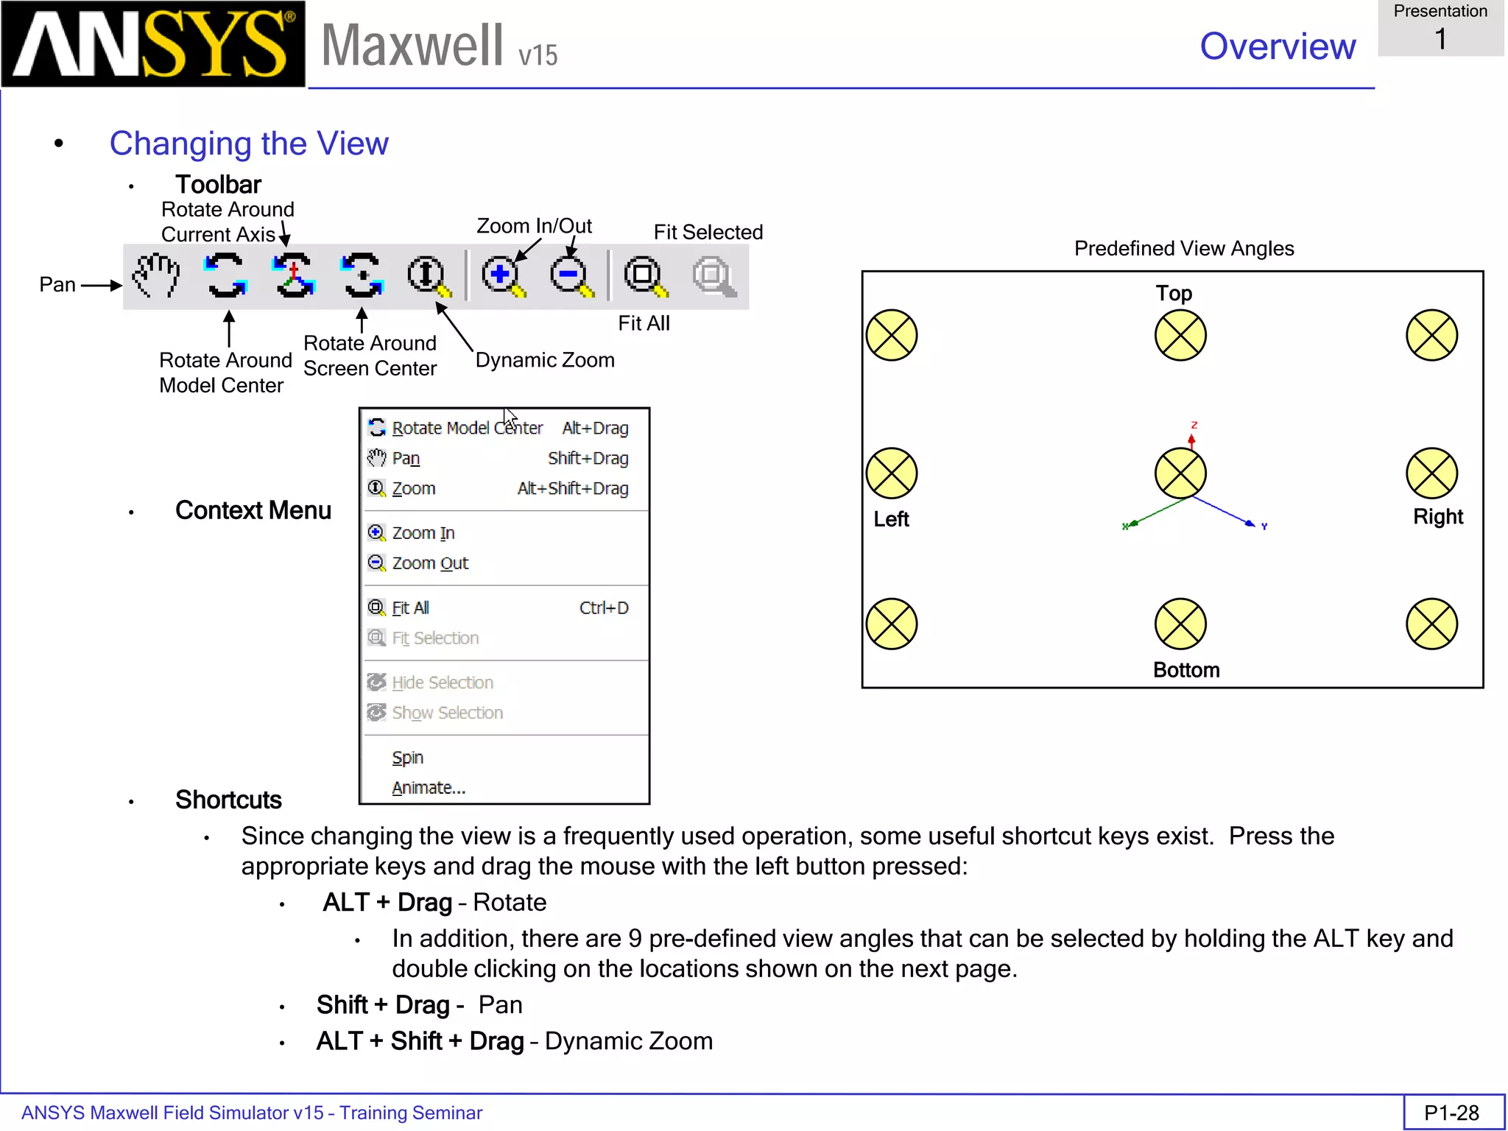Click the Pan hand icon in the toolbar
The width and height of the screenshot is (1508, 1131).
[156, 275]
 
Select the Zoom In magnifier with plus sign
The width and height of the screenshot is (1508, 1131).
[502, 276]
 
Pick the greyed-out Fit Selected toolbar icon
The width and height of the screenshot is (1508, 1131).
[712, 276]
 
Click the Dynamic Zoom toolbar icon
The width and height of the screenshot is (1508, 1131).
[428, 276]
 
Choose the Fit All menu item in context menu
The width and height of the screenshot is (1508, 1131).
[410, 608]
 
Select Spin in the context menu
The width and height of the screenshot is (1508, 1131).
[407, 758]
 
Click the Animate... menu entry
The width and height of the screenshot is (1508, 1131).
[428, 788]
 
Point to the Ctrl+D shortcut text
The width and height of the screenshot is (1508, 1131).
[603, 608]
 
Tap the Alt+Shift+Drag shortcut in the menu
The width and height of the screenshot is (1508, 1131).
[572, 489]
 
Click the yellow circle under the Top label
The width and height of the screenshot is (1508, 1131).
[1180, 336]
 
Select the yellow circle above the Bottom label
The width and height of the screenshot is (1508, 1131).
[1180, 624]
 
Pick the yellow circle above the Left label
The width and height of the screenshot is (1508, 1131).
[891, 473]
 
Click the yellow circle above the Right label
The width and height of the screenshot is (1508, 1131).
[1431, 473]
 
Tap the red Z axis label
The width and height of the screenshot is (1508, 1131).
[1194, 426]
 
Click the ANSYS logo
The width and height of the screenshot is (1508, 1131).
[153, 44]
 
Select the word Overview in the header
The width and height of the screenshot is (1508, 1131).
[1277, 46]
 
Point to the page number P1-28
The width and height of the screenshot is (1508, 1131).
[1451, 1113]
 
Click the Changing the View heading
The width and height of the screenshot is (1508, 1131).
[249, 144]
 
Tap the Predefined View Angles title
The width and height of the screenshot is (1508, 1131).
[1183, 249]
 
